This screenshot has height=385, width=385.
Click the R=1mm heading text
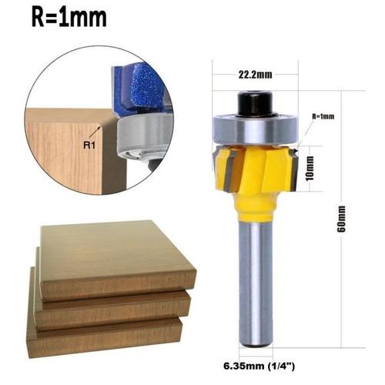[x=69, y=17]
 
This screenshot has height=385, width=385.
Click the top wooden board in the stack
[x=115, y=258]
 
